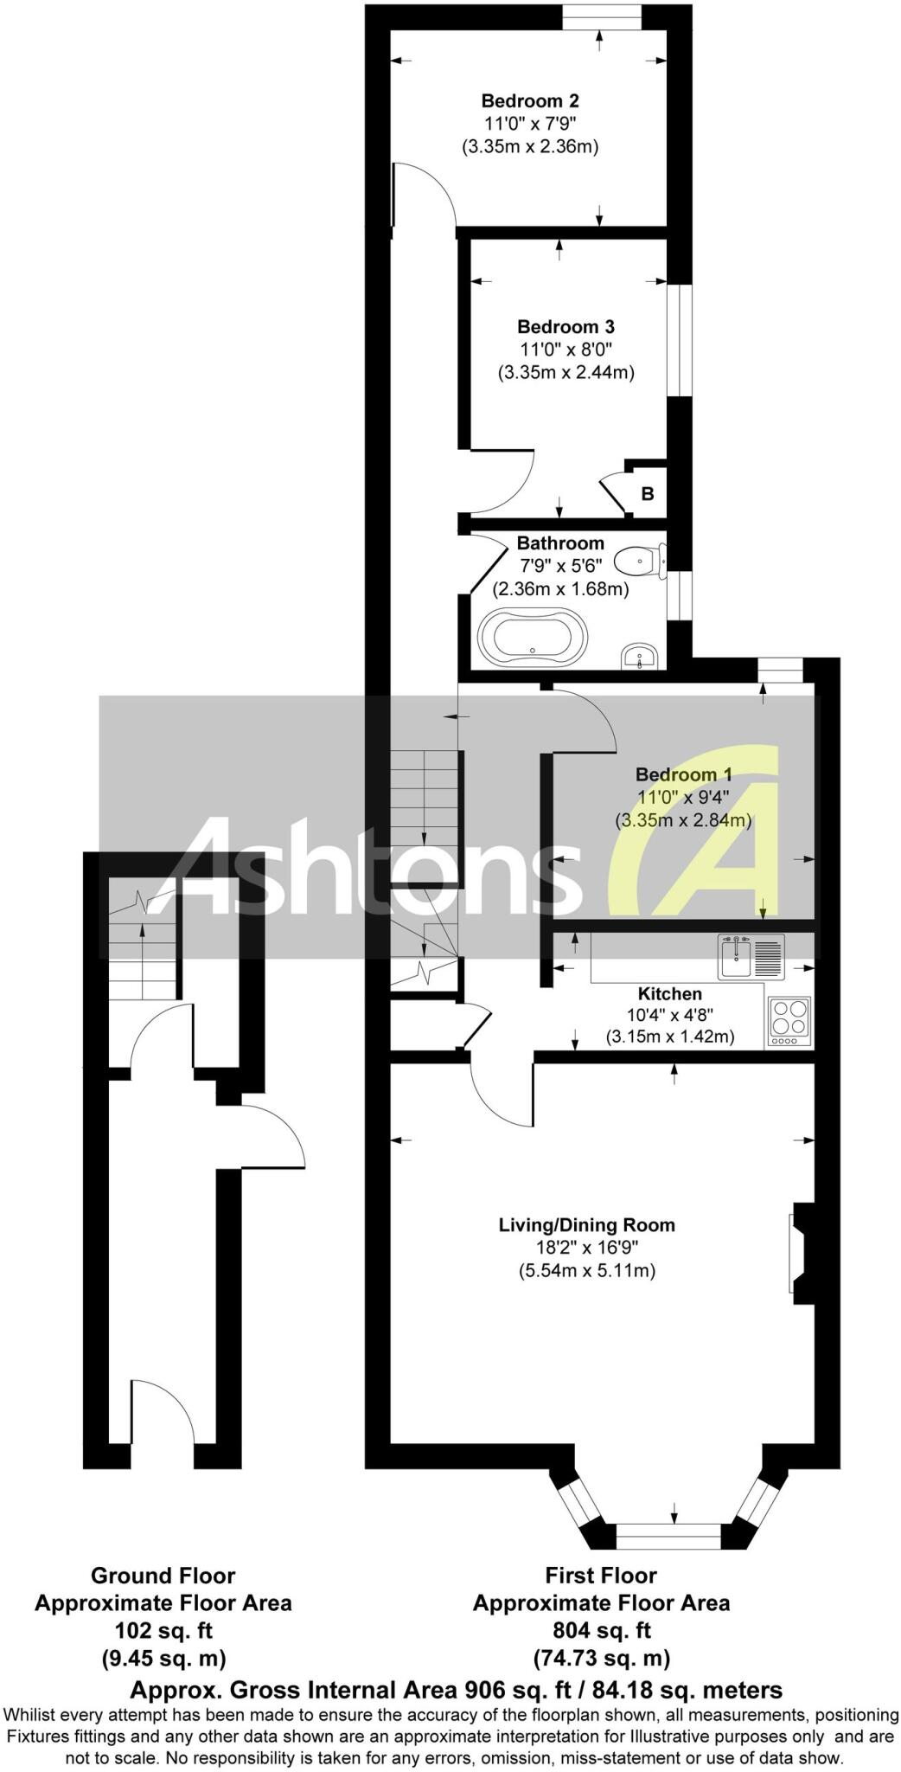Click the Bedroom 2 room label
point(530,100)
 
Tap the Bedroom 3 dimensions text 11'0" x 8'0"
point(566,350)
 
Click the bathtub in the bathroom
point(533,636)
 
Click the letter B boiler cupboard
point(648,494)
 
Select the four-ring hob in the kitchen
point(789,1018)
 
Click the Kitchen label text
point(669,993)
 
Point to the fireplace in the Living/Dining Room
point(799,1253)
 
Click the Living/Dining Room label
point(586,1224)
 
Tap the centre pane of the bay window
point(668,1537)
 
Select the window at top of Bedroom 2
point(603,16)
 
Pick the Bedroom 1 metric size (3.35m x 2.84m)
point(683,819)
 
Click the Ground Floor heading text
point(163,1575)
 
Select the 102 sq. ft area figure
point(163,1630)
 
